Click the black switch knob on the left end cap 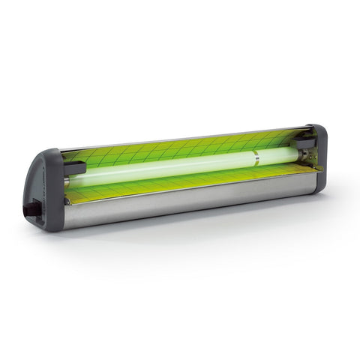pyautogui.click(x=33, y=209)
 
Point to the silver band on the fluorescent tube pyautogui.click(x=255, y=159)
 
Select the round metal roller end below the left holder pyautogui.click(x=70, y=202)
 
